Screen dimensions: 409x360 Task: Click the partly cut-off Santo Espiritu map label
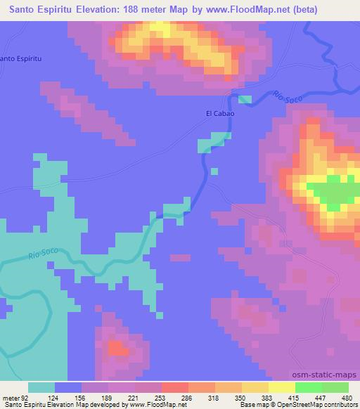[x=21, y=58]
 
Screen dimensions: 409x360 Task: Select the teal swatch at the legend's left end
[x=41, y=387]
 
